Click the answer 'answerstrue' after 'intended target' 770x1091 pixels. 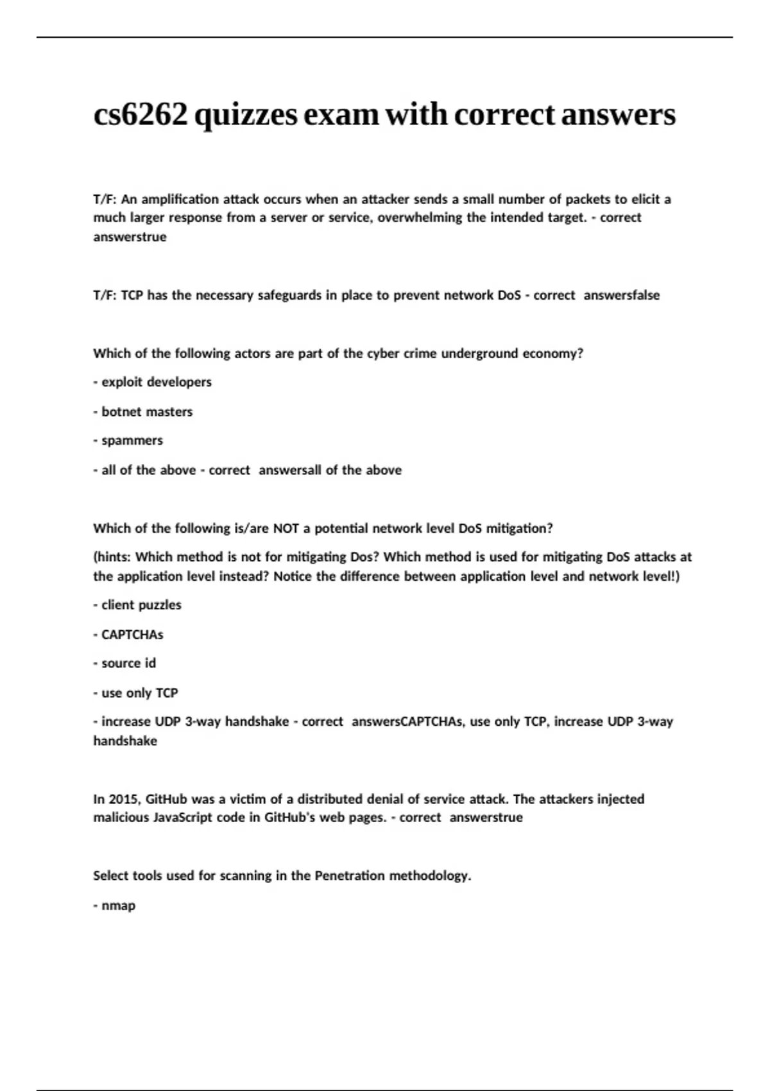click(x=130, y=237)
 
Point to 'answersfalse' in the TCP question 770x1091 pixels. click(x=621, y=295)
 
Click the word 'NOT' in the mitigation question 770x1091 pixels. click(x=286, y=529)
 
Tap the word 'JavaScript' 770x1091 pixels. click(x=182, y=818)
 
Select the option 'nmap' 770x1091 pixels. click(x=118, y=906)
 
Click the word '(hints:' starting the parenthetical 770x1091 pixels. click(x=112, y=557)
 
